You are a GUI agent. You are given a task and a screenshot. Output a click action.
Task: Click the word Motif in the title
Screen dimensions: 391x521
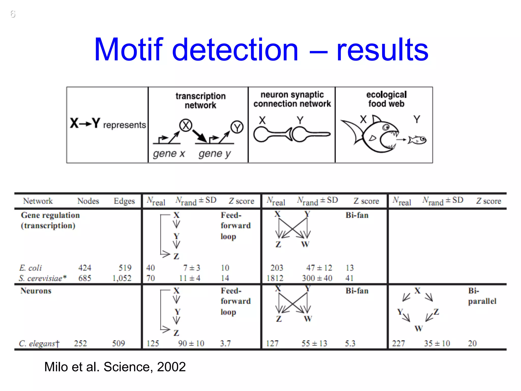click(x=128, y=49)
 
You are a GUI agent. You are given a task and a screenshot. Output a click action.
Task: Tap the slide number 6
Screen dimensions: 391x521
click(x=13, y=14)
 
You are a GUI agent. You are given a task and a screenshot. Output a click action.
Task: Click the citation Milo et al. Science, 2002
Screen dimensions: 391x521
click(x=115, y=367)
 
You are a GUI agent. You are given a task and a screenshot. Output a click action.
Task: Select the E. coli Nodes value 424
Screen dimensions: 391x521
click(x=85, y=268)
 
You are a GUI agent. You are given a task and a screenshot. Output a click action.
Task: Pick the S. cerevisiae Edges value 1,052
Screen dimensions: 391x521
click(x=122, y=278)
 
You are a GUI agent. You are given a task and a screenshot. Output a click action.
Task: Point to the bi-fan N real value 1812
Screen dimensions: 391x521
click(x=275, y=278)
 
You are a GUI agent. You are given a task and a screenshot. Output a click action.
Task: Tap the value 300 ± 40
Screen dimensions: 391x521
click(x=317, y=278)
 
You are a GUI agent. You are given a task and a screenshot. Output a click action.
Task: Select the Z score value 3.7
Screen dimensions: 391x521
click(x=225, y=343)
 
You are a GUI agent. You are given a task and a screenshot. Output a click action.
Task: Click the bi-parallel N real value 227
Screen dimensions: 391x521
click(x=398, y=343)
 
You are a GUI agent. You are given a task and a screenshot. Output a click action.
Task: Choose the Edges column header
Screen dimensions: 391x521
click(x=124, y=201)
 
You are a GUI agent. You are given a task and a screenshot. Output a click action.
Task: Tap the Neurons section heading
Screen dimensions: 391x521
click(x=36, y=291)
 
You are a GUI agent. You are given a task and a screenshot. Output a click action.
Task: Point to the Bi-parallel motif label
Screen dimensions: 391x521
click(x=482, y=296)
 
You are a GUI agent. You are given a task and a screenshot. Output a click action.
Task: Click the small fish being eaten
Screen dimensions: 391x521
click(x=417, y=140)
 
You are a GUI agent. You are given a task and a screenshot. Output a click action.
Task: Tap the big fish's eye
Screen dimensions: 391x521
click(x=386, y=127)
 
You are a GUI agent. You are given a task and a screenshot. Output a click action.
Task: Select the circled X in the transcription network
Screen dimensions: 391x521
click(x=186, y=125)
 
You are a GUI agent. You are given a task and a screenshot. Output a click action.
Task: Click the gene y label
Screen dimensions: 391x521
click(x=214, y=154)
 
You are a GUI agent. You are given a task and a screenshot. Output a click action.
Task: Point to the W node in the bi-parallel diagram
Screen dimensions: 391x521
click(x=418, y=329)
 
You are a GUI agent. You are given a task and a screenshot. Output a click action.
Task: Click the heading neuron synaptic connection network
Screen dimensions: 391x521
click(x=292, y=99)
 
